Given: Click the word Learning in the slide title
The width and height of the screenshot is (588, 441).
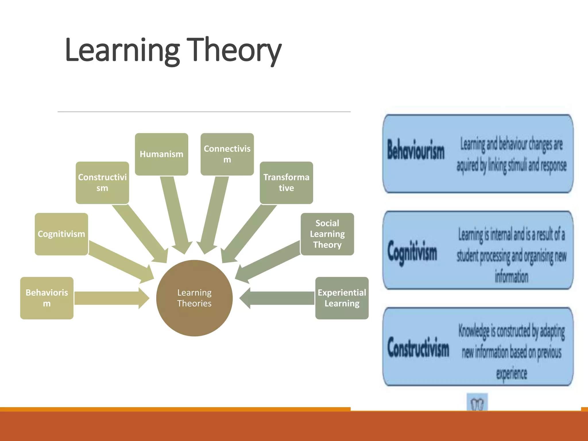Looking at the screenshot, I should (122, 50).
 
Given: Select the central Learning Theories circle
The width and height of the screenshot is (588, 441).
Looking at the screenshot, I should (194, 298).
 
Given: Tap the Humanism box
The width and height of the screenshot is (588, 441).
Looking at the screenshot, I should (161, 154).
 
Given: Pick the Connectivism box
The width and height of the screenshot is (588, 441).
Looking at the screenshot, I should (227, 154).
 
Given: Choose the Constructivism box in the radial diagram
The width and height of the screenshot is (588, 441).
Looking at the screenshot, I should (102, 183).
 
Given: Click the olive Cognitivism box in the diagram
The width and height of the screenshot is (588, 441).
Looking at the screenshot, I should (61, 234).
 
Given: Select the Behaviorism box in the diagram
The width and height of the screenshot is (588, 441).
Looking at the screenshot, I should (47, 298).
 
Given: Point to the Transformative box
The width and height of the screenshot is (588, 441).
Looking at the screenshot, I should (286, 183).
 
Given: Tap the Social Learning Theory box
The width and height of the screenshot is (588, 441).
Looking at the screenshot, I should (327, 234).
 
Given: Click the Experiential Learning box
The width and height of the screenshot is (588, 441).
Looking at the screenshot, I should (342, 298).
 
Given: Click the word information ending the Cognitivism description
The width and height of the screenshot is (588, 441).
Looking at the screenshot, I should (511, 276).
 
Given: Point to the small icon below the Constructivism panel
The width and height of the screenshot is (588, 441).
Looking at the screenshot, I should (477, 403).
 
